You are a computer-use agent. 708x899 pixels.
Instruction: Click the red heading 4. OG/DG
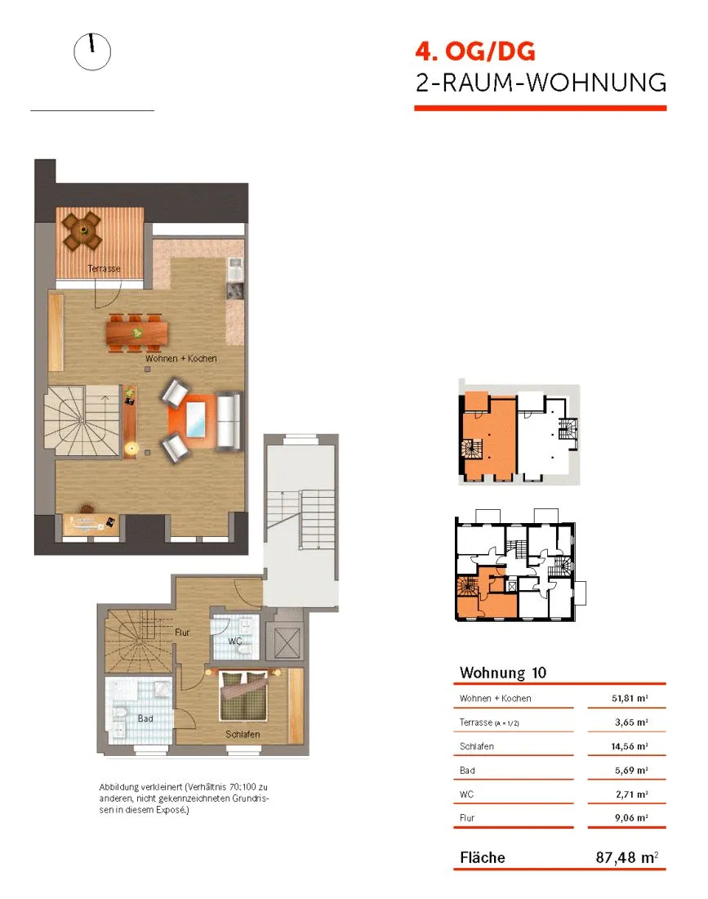[x=475, y=51]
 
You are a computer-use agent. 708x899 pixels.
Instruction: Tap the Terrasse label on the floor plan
[x=105, y=268]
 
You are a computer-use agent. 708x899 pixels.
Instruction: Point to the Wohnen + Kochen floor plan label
[x=181, y=358]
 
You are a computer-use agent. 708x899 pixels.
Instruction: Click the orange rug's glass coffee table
[x=196, y=418]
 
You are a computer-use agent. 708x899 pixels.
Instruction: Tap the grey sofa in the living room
[x=229, y=420]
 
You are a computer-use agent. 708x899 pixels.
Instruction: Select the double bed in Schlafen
[x=243, y=696]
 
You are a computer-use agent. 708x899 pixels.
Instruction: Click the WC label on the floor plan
[x=235, y=642]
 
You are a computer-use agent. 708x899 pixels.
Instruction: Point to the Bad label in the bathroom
[x=145, y=718]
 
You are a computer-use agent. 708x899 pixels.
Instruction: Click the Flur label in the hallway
[x=182, y=633]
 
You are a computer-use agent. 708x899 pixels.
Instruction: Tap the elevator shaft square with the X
[x=287, y=643]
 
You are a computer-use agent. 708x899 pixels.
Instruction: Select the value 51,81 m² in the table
[x=630, y=698]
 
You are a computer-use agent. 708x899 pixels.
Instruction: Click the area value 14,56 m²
[x=630, y=746]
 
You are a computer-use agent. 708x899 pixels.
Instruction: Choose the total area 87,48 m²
[x=627, y=857]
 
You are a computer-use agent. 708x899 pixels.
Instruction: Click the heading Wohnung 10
[x=503, y=673]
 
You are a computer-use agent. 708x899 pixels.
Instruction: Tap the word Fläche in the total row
[x=483, y=857]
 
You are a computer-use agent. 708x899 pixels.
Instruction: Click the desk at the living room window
[x=90, y=524]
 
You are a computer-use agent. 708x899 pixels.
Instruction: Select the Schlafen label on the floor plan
[x=243, y=735]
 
